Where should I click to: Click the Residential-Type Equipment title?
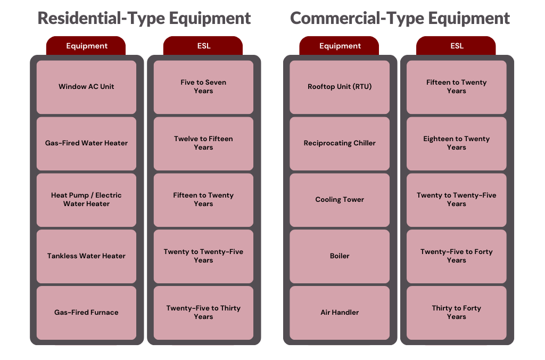tap(144, 18)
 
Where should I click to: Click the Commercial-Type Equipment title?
tap(400, 18)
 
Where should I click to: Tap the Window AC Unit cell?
tap(86, 87)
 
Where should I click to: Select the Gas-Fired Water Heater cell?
tap(86, 143)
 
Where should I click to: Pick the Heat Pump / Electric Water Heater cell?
tap(86, 200)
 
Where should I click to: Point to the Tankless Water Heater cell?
tap(86, 256)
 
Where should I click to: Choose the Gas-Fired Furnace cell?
tap(86, 313)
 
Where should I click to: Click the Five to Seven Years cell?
tap(203, 87)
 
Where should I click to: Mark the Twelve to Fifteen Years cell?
tap(203, 143)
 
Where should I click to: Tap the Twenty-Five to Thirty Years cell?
tap(203, 313)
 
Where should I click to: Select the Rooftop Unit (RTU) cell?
tap(340, 87)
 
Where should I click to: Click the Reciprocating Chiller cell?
tap(340, 143)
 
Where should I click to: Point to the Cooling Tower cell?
tap(340, 200)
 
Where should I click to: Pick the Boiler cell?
tap(340, 256)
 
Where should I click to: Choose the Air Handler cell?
tap(340, 313)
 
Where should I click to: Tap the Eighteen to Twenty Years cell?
tap(457, 143)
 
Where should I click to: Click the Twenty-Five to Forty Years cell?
tap(457, 256)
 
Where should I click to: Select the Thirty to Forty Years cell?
tap(457, 313)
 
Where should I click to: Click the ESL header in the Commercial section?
tap(457, 46)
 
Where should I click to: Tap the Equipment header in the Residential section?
tap(86, 46)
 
